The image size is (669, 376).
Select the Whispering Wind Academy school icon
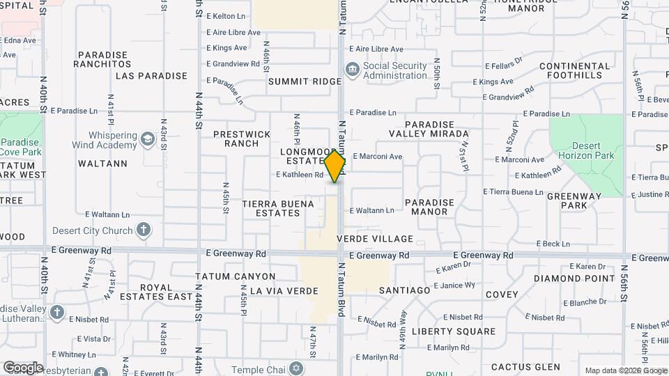pos(147,139)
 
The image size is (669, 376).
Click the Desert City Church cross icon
pos(143,230)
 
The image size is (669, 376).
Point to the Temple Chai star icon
pos(296,367)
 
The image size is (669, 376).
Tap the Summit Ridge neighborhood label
pos(305,81)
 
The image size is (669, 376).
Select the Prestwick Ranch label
pos(241,139)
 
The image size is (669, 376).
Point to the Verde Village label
pos(374,239)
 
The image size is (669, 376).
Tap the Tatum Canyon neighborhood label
pos(236,276)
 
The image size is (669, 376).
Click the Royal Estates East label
pos(166,291)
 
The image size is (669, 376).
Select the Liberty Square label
pos(454,331)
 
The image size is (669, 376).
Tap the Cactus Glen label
pos(525,367)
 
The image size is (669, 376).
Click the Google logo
pos(23,367)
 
